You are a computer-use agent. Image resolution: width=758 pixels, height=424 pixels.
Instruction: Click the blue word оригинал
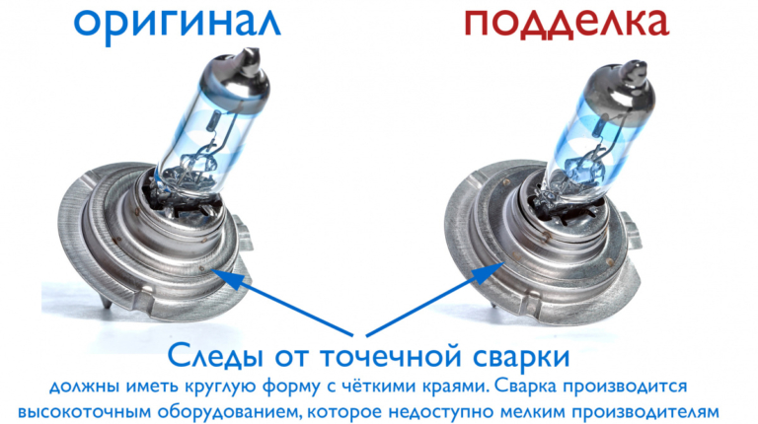pyautogui.click(x=177, y=24)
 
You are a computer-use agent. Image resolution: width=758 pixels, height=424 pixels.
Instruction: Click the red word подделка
pyautogui.click(x=567, y=24)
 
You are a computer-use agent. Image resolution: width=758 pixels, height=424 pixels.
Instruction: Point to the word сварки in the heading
pyautogui.click(x=521, y=357)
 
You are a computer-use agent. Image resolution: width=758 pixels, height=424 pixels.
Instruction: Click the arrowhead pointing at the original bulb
pyautogui.click(x=227, y=278)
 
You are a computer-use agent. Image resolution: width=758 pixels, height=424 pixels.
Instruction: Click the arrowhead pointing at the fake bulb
pyautogui.click(x=489, y=273)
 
